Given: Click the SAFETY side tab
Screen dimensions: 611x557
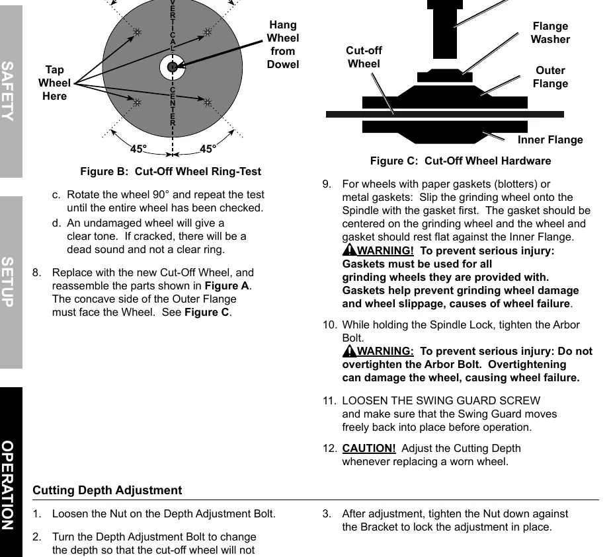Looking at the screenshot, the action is point(11,91).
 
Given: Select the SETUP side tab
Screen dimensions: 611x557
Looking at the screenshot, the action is point(11,282).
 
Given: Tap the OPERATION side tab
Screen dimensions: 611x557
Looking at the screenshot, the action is point(11,472).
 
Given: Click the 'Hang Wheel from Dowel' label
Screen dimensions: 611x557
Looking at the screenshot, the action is point(283,45).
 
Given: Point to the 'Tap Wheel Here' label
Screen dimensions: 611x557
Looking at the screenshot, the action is point(54,83).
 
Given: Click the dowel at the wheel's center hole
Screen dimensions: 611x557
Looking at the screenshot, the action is point(172,67).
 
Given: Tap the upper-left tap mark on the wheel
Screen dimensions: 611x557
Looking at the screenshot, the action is point(137,32).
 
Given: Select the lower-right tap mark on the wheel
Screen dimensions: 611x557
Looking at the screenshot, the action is point(208,102).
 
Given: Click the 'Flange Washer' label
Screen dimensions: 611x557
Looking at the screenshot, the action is point(550,32).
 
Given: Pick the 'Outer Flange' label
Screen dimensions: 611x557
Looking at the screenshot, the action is point(550,77).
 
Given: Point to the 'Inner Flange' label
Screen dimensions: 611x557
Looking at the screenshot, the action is point(550,139).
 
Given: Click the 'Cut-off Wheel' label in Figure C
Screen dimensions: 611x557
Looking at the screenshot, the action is point(364,57).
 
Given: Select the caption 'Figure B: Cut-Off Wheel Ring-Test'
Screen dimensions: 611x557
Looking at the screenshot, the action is point(171,172).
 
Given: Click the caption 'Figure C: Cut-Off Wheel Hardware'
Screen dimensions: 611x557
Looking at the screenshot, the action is point(461,161).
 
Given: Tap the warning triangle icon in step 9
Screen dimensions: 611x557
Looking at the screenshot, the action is point(350,250).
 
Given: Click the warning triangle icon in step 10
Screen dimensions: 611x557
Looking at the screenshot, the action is point(350,350).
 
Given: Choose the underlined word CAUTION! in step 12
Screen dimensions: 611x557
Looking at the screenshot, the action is point(369,449).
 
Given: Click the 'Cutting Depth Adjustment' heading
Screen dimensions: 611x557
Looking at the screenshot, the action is point(107,490).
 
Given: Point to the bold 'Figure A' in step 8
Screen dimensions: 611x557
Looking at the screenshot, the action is point(227,285).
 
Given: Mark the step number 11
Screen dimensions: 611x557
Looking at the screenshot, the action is point(329,401).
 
